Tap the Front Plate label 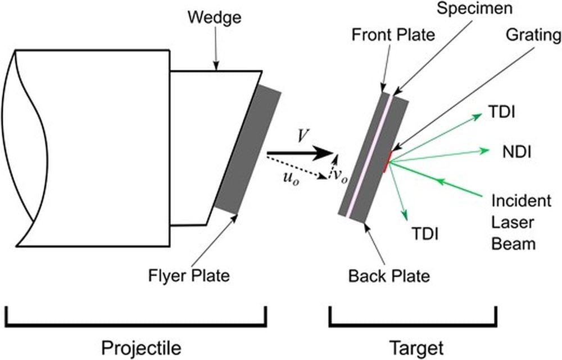tap(393, 35)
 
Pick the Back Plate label tap(389, 276)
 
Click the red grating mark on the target tap(387, 161)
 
